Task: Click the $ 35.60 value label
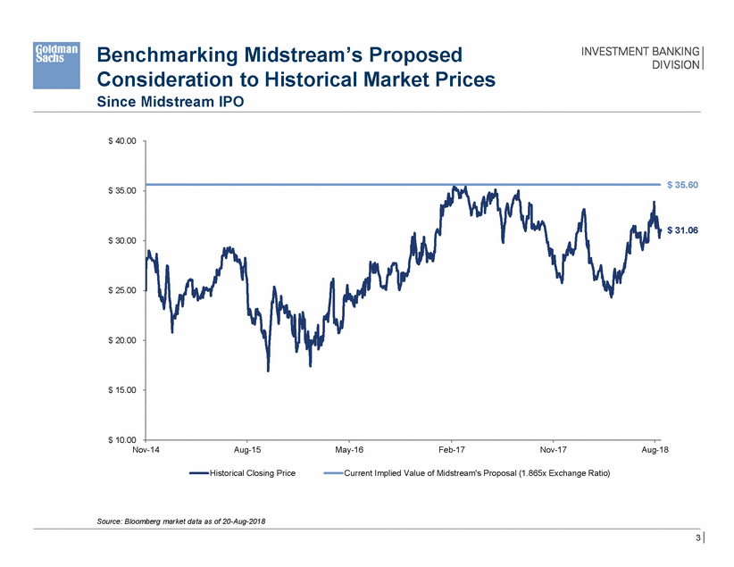(682, 185)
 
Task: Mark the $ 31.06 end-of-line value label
(682, 230)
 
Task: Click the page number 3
(696, 538)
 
